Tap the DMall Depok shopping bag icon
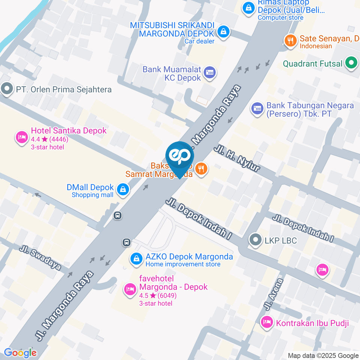pos(123,190)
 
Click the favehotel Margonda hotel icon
pos(130,289)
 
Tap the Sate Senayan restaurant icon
pos(290,40)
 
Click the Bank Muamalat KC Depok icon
pos(210,73)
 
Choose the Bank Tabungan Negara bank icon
pos(257,108)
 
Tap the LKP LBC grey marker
pos(256,240)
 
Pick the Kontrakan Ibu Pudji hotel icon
pos(267,322)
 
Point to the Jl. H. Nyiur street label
pos(237,159)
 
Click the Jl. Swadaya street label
pos(40,258)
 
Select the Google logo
pos(20,352)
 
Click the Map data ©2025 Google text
pos(323,355)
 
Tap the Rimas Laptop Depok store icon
pos(248,8)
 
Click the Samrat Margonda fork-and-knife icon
pos(202,169)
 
